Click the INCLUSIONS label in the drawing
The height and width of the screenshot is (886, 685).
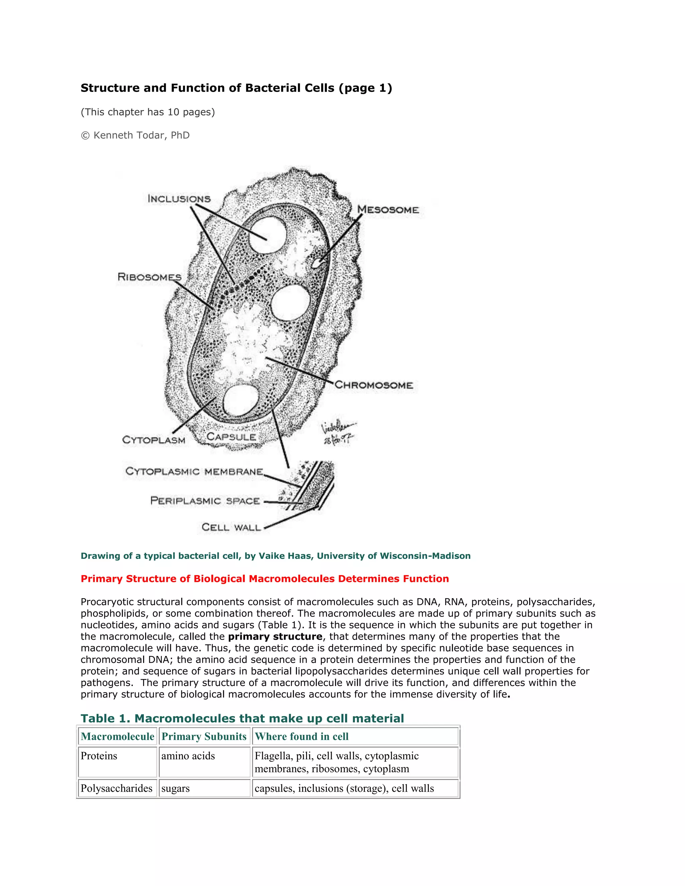pos(179,199)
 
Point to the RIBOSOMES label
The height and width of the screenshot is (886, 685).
pos(149,277)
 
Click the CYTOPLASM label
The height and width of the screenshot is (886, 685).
pos(154,440)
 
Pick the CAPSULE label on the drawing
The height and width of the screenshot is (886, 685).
pos(231,437)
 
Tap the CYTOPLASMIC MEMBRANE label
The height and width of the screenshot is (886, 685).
pos(194,471)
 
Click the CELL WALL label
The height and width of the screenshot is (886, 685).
pos(231,527)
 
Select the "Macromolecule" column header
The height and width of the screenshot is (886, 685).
pos(117,736)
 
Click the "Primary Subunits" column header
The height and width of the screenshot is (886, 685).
pos(204,736)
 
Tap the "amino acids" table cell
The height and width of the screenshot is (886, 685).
pos(188,756)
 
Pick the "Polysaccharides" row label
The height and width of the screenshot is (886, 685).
pos(116,788)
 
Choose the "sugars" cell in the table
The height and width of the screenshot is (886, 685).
pos(175,788)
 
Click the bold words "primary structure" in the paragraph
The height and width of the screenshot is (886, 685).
pos(275,637)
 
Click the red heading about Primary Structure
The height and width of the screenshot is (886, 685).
pos(265,578)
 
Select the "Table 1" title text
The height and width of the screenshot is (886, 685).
pos(242,718)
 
